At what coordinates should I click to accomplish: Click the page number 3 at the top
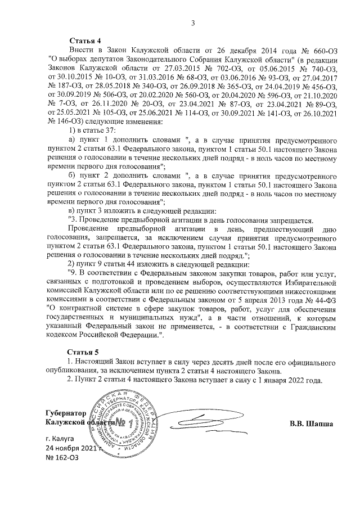tap(192, 23)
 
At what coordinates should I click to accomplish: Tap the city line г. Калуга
tap(60, 437)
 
